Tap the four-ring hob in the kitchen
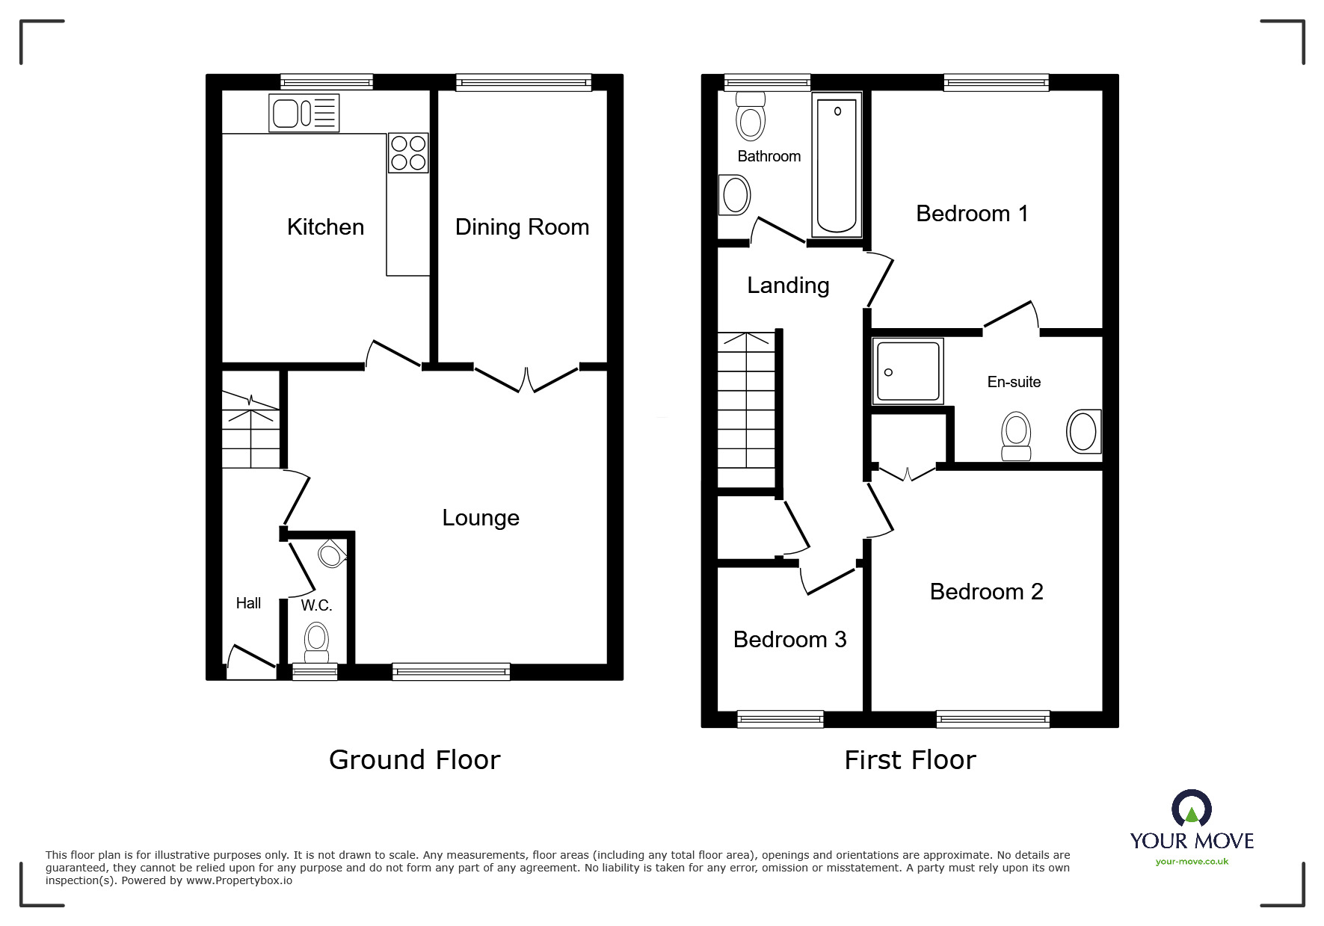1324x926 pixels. click(x=408, y=152)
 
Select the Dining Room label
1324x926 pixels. click(x=522, y=227)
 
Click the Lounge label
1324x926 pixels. click(x=481, y=518)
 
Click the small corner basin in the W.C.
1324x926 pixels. click(x=330, y=555)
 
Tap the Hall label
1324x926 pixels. click(x=248, y=603)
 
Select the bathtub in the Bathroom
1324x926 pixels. click(x=837, y=164)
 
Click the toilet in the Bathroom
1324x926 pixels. click(x=751, y=117)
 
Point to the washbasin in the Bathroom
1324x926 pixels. click(x=735, y=196)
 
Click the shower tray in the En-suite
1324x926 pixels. click(x=908, y=371)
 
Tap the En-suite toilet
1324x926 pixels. click(x=1016, y=436)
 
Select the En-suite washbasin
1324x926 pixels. click(x=1083, y=431)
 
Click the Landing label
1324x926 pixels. click(x=788, y=285)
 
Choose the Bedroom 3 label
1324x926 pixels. click(x=789, y=640)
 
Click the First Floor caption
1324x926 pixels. click(x=910, y=760)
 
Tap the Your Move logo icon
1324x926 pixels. click(x=1191, y=809)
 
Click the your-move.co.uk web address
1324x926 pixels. click(x=1192, y=862)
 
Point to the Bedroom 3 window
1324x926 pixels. click(x=780, y=719)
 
